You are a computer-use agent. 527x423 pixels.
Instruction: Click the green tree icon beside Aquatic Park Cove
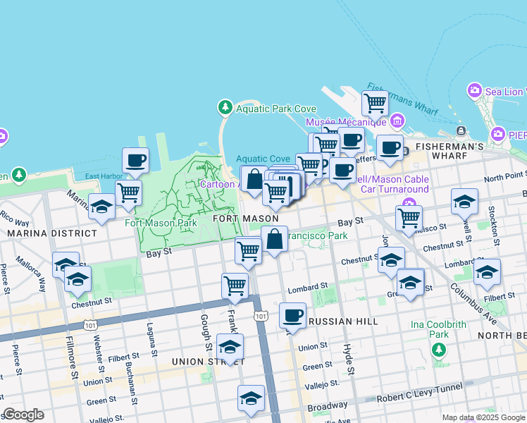[225, 108]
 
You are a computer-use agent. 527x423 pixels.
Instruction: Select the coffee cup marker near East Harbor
[135, 160]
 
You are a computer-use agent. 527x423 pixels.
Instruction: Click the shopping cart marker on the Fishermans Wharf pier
[375, 103]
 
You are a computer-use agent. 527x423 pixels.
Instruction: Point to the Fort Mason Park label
[161, 223]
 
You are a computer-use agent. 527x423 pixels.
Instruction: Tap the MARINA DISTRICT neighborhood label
[42, 233]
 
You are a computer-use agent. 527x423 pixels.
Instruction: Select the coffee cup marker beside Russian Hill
[292, 315]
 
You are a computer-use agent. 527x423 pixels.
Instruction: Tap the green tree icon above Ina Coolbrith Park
[439, 349]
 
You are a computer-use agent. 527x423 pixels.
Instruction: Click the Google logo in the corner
[23, 415]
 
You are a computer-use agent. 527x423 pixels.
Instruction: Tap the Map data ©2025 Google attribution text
[483, 417]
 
